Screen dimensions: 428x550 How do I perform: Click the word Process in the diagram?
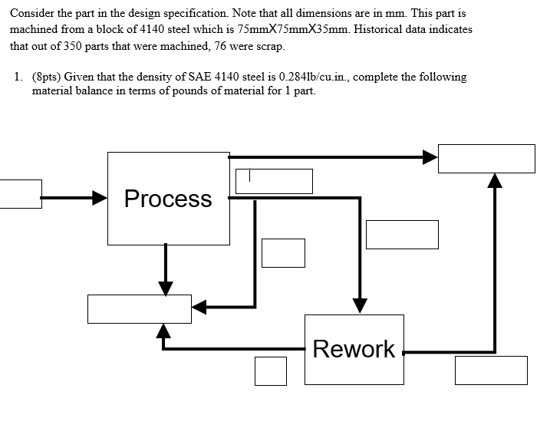tap(168, 199)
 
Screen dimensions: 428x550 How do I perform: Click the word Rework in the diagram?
tap(354, 349)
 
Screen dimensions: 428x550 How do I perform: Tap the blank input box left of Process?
tap(20, 194)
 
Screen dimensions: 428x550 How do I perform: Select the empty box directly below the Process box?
tap(139, 308)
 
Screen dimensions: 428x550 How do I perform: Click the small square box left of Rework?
tap(271, 370)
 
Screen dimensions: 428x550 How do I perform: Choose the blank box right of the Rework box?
tap(491, 370)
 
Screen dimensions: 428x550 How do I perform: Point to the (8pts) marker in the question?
tap(48, 77)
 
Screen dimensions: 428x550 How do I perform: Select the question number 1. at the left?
tap(18, 77)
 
